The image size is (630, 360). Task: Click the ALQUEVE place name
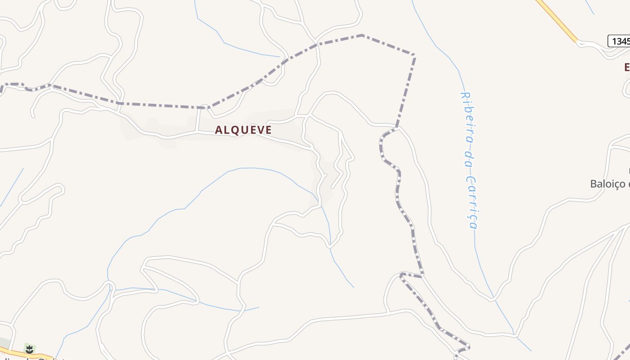coord(243,130)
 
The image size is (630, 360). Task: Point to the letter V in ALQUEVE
coord(260,130)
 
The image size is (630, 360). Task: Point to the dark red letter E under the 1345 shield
coord(627,67)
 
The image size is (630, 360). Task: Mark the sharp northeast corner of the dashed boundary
coord(414,55)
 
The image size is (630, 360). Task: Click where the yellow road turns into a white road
coord(577,41)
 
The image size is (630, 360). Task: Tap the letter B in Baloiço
coord(594,184)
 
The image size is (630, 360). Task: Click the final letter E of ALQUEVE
coord(269,130)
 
